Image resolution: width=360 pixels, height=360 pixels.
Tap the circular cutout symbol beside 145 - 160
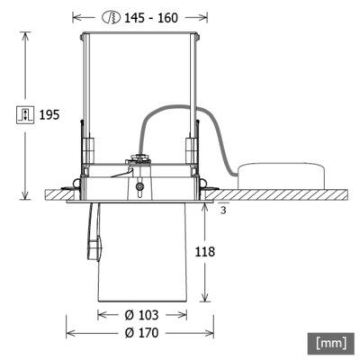click(x=112, y=16)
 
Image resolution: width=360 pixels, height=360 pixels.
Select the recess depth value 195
click(x=49, y=114)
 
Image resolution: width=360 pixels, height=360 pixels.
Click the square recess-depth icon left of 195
click(x=25, y=114)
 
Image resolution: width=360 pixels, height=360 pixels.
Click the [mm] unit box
click(x=330, y=342)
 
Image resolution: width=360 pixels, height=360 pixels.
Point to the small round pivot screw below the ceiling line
click(x=139, y=189)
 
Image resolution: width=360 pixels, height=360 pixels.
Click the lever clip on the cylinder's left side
click(x=93, y=243)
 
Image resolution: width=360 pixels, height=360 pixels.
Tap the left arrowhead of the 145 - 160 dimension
click(x=76, y=16)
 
